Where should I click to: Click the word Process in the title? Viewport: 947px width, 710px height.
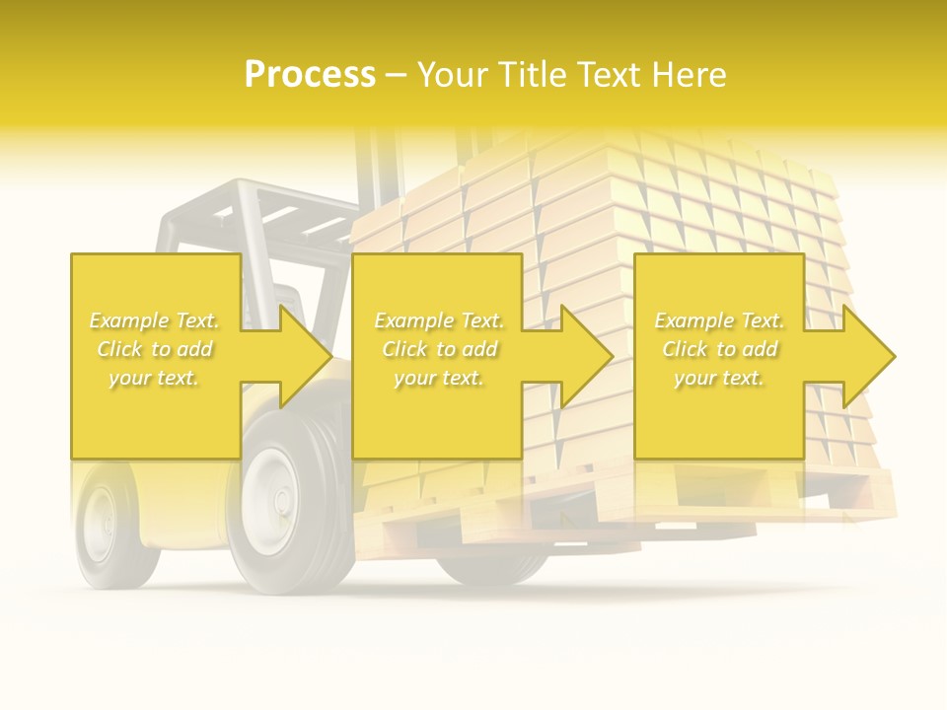coord(310,74)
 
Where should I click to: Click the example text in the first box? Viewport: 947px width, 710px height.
coord(155,349)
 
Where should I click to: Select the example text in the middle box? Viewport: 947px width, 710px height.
coord(439,349)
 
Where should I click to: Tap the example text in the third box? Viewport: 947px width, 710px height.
coord(719,349)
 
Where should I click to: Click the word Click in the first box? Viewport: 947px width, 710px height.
coord(119,349)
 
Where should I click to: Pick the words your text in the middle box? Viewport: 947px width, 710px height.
coord(439,378)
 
